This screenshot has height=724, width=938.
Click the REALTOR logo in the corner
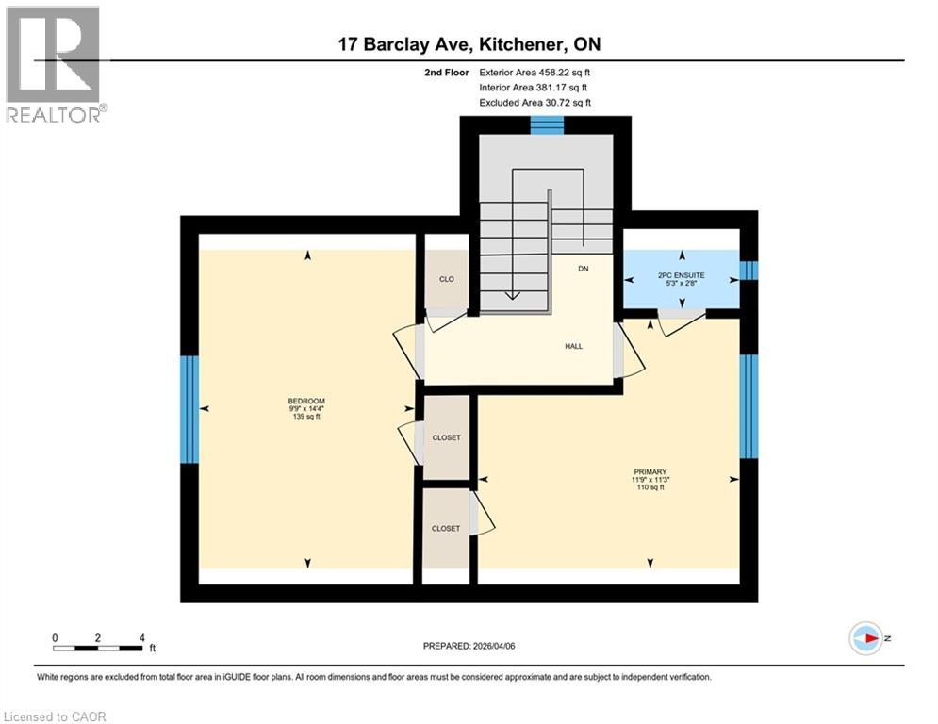[55, 63]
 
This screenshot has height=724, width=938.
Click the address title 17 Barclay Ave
[469, 43]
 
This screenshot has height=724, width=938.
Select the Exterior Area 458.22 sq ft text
[535, 72]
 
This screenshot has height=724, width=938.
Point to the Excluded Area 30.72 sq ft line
[535, 102]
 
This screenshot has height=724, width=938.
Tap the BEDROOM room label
[306, 401]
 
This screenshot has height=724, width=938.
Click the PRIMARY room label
[650, 471]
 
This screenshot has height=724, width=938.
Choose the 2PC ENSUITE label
[681, 275]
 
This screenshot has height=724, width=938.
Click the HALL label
[573, 346]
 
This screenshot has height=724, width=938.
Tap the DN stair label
[584, 269]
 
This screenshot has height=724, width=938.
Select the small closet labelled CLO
[447, 279]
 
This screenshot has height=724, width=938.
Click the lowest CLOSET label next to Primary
[446, 529]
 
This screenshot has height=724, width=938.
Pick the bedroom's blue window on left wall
[189, 408]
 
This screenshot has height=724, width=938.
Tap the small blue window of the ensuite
[749, 271]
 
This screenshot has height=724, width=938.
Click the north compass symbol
[864, 638]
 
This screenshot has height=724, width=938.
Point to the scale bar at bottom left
[98, 648]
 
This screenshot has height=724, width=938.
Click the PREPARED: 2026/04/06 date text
[469, 646]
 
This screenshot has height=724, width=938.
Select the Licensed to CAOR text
[57, 716]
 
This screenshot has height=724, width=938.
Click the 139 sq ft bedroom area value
[306, 417]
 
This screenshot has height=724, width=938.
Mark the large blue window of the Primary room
[749, 405]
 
